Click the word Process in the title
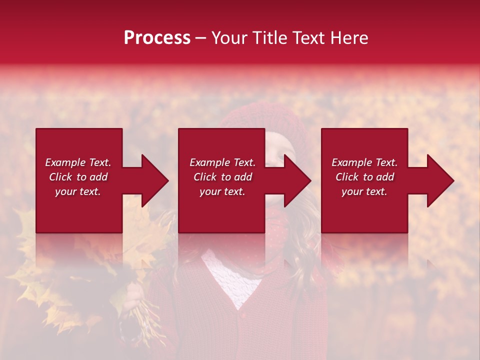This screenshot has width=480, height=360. tap(157, 38)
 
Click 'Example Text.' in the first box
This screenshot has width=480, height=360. tap(78, 162)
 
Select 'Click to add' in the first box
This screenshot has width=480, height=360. tap(78, 177)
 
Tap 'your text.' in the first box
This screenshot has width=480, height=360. tap(78, 191)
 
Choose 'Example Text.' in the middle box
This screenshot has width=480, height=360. tap(222, 162)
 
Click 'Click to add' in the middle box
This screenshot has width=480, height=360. tap(222, 177)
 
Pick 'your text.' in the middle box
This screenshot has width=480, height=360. tap(222, 191)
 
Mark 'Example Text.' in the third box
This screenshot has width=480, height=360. tap(364, 162)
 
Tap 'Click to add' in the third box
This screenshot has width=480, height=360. tap(364, 177)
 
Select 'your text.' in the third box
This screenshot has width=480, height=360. tap(364, 191)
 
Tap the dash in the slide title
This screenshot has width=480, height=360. tap(200, 38)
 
